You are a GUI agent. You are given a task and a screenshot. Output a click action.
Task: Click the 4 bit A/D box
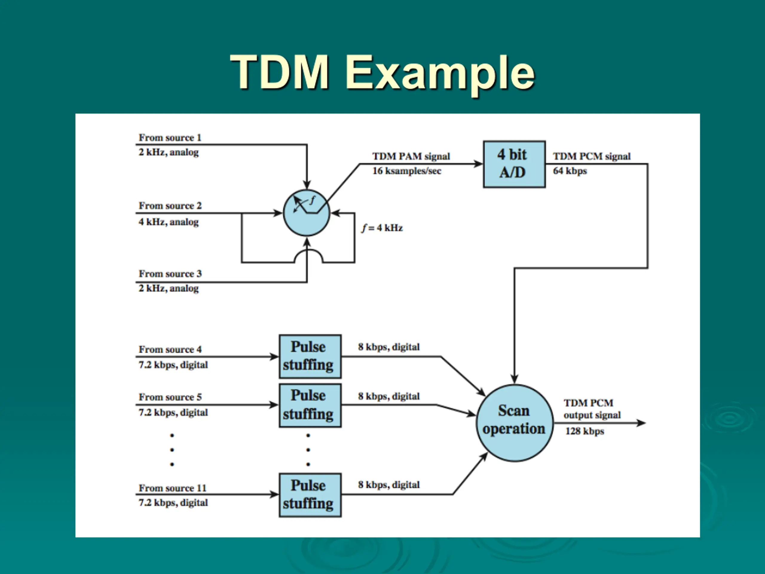pos(514,164)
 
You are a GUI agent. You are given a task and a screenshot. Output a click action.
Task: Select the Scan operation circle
pos(515,423)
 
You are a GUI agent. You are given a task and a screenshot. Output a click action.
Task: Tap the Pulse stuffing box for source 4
pos(310,356)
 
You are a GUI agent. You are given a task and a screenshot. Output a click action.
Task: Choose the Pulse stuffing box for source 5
pos(310,405)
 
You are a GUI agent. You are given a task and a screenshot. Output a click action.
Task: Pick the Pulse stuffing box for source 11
pos(310,495)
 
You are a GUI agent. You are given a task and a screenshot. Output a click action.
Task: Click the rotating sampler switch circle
pos(306,213)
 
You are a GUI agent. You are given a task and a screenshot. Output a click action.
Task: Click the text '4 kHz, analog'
pos(169,222)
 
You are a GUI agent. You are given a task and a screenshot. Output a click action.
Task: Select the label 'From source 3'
pos(170,274)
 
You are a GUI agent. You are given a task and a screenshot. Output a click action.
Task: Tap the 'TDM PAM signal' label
pos(411,156)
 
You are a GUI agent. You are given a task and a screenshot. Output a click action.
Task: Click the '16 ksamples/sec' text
pos(407,171)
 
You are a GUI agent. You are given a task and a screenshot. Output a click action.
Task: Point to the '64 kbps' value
pos(570,171)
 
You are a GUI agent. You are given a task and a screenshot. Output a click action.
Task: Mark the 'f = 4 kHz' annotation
pos(382,228)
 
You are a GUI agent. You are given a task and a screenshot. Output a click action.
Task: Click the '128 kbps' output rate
pos(585,431)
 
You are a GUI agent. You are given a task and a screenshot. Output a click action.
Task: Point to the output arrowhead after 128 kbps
pos(641,423)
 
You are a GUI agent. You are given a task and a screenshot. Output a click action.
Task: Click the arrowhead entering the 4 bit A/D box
pos(478,164)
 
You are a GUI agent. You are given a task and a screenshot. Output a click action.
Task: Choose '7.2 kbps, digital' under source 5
pos(173,413)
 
